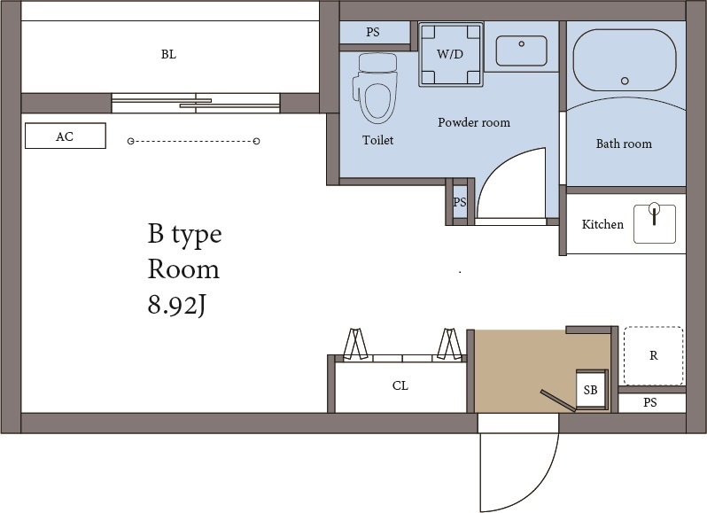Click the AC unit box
click(66, 136)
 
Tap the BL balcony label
click(168, 55)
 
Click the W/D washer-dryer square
click(450, 54)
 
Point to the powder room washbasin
click(521, 51)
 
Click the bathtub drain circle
click(625, 81)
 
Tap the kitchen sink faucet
click(654, 213)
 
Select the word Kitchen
click(602, 224)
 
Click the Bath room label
click(624, 144)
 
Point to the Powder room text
click(474, 122)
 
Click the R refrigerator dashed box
click(653, 355)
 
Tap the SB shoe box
click(591, 389)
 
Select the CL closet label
click(400, 386)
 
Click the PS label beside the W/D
click(373, 32)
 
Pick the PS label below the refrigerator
click(649, 402)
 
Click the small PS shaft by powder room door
click(460, 201)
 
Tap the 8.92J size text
click(177, 305)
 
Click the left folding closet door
click(356, 344)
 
